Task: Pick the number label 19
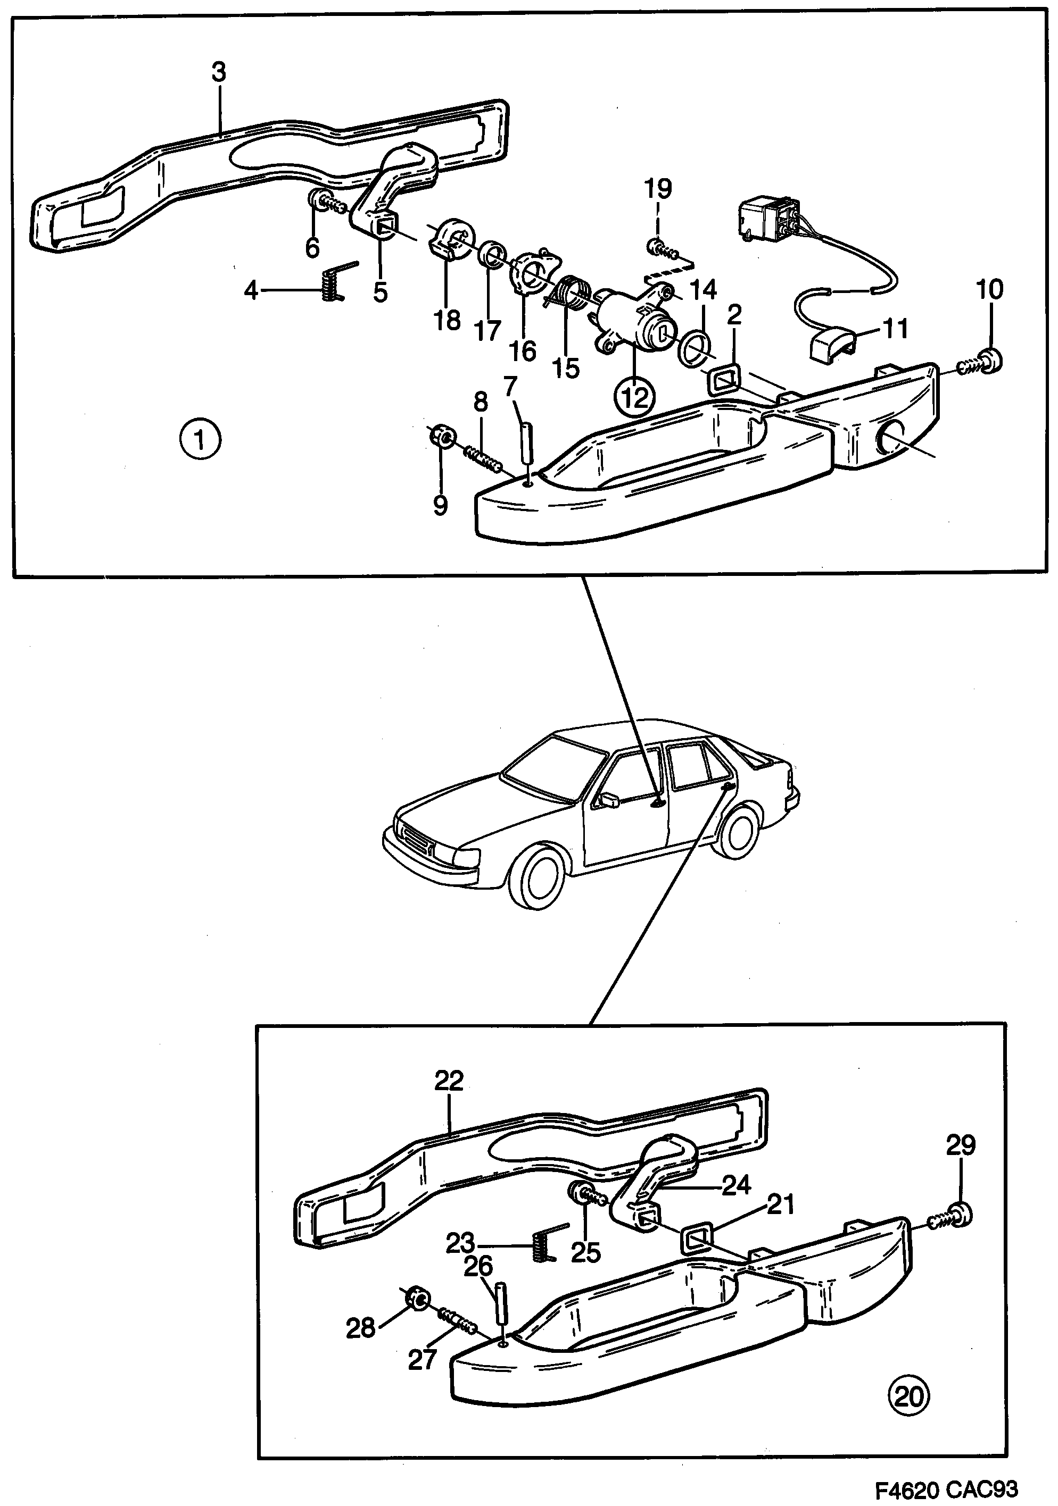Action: [658, 189]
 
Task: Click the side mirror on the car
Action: [608, 800]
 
